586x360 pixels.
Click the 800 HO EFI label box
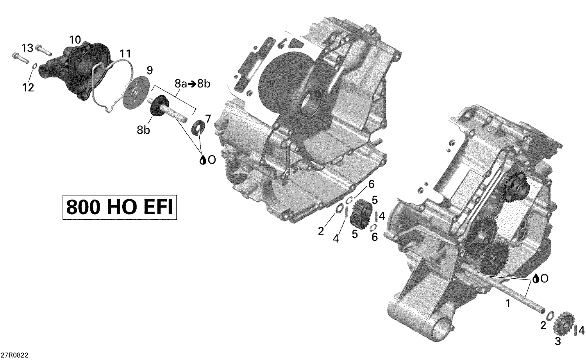(x=120, y=208)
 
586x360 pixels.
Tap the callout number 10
(x=75, y=39)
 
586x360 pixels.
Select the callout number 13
(x=27, y=48)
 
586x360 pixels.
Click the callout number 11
(x=125, y=53)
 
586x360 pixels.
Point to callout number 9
(x=150, y=70)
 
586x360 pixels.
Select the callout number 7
(x=208, y=118)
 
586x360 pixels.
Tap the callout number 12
(x=28, y=88)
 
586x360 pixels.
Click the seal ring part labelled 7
(x=199, y=127)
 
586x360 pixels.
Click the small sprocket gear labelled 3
(x=563, y=322)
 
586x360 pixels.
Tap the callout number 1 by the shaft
(x=508, y=303)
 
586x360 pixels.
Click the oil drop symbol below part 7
(x=203, y=160)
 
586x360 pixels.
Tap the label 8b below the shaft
(x=143, y=130)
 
